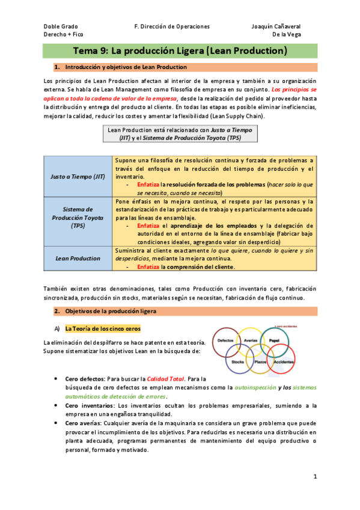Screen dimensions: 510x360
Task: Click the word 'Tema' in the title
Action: click(x=84, y=51)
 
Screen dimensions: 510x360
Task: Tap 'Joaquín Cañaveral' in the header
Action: click(x=276, y=26)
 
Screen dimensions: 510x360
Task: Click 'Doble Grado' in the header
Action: click(x=61, y=26)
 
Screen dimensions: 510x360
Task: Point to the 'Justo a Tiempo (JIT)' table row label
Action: click(x=78, y=176)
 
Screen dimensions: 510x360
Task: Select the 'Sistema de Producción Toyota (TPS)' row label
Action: click(x=78, y=217)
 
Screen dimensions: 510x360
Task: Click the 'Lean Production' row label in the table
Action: click(x=78, y=258)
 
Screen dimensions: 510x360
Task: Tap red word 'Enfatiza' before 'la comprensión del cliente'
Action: click(x=148, y=266)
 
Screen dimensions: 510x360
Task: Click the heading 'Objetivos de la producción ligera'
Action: click(x=110, y=312)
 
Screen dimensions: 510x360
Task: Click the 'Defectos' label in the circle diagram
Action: click(x=226, y=340)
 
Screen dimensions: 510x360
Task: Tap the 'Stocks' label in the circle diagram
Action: click(x=237, y=363)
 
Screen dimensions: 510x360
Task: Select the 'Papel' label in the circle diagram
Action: click(x=275, y=340)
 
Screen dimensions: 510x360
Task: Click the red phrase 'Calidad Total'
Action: click(x=165, y=379)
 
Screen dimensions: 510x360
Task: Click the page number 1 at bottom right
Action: click(x=314, y=476)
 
